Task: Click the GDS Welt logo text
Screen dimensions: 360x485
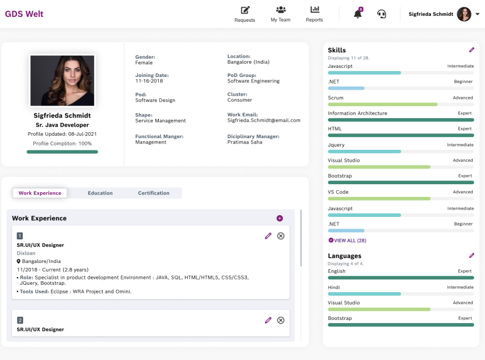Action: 24,14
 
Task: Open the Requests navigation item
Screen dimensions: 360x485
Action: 245,13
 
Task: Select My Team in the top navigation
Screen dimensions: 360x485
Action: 280,13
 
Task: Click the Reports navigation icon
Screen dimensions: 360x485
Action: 315,10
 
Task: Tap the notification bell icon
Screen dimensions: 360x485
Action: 358,14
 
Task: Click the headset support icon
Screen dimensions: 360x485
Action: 382,14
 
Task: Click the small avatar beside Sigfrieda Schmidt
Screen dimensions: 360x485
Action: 464,14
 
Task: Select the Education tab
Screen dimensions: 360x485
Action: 100,193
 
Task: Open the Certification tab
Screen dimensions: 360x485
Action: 153,193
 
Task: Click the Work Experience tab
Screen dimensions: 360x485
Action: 40,193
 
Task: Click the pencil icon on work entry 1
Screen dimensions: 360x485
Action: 268,236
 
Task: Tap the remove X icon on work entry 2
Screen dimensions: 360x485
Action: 281,320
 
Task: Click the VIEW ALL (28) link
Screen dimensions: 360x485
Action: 347,241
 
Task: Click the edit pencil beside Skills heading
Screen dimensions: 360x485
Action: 472,50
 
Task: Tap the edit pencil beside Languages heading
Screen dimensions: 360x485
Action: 472,256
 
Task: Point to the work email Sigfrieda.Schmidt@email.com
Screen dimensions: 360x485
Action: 264,121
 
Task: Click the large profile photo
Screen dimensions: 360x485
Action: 62,81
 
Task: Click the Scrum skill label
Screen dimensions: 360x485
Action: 336,98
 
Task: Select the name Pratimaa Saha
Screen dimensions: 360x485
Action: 245,142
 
